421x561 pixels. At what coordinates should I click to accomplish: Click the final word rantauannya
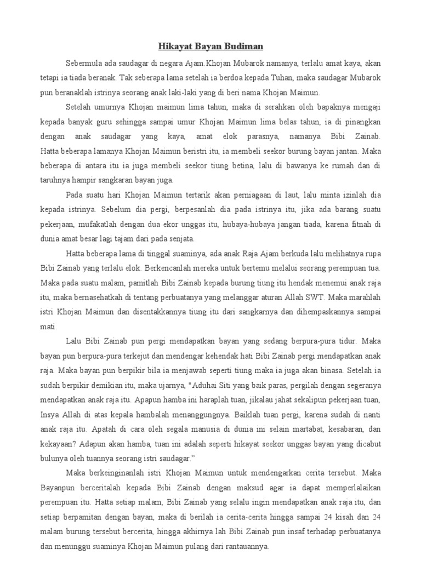[x=241, y=546]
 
